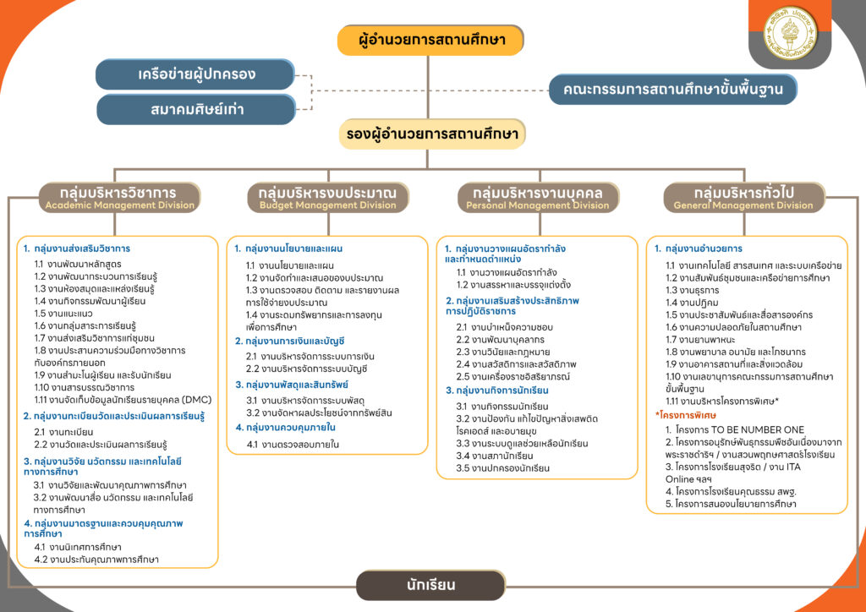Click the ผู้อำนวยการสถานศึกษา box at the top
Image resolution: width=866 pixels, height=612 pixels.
tap(432, 40)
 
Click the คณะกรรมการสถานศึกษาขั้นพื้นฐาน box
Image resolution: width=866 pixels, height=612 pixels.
tap(672, 89)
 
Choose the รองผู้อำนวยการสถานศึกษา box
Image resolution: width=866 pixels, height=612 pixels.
tap(432, 134)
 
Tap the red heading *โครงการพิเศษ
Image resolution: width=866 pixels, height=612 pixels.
tap(686, 415)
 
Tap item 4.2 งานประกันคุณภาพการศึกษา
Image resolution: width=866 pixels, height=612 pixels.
tap(96, 560)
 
